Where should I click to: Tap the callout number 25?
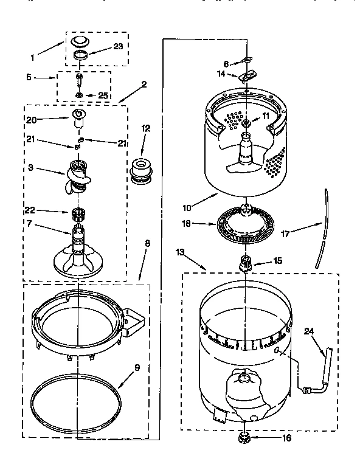(x=103, y=95)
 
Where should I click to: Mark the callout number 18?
(x=187, y=224)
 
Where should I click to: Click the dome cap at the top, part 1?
(x=80, y=41)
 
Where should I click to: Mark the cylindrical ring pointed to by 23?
(x=80, y=55)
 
